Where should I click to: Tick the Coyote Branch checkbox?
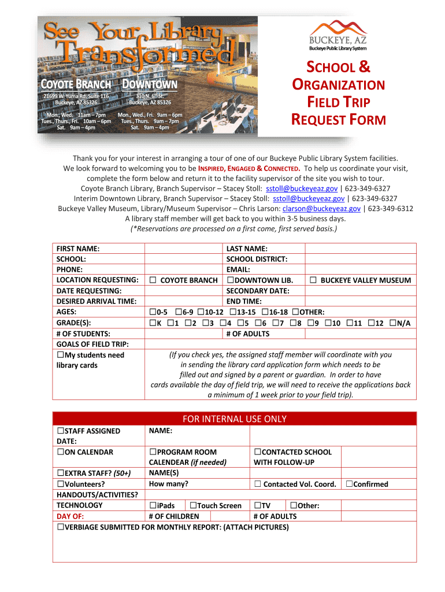[x=153, y=280]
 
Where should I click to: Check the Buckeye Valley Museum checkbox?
[x=313, y=280]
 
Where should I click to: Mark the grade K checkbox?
[x=153, y=323]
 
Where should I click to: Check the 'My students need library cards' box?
[x=60, y=355]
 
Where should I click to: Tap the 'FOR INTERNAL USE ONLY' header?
[x=234, y=419]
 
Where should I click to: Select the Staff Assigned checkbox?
[x=60, y=431]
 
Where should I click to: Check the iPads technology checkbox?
[x=153, y=506]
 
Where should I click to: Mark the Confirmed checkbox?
[x=349, y=484]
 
